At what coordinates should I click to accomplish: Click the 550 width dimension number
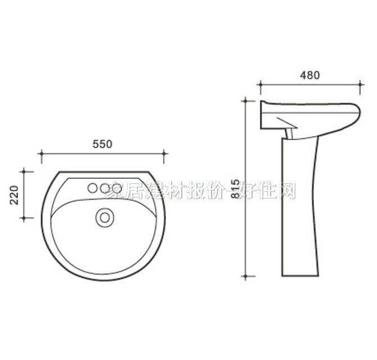[x=102, y=143]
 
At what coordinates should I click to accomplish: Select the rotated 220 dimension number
[x=15, y=194]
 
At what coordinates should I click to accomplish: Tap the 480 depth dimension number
[x=309, y=75]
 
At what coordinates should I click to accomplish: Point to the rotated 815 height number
[x=236, y=190]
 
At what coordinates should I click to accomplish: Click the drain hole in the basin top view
[x=104, y=216]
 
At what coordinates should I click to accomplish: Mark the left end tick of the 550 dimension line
[x=41, y=153]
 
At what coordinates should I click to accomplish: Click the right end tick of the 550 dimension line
[x=164, y=153]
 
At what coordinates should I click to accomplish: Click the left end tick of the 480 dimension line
[x=260, y=85]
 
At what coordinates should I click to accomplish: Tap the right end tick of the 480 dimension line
[x=360, y=85]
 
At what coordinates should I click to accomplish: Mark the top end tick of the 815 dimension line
[x=245, y=101]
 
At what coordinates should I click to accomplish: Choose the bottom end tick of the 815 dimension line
[x=245, y=277]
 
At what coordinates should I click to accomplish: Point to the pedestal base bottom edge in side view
[x=299, y=277]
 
